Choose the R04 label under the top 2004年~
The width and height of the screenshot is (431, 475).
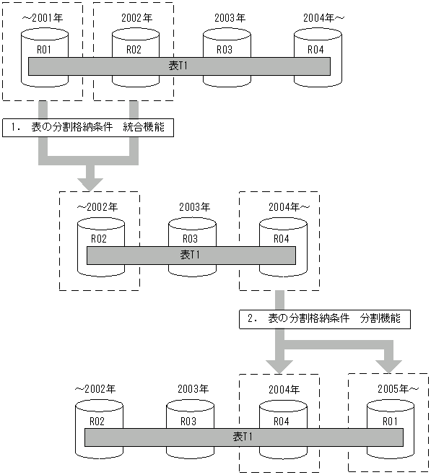(315, 50)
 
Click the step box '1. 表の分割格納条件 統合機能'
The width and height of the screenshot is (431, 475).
(89, 127)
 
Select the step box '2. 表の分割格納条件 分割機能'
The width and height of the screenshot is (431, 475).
(324, 318)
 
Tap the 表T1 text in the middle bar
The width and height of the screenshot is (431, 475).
(191, 255)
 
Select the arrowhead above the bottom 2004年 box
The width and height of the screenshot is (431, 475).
(279, 361)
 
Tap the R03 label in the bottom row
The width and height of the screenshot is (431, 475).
(188, 421)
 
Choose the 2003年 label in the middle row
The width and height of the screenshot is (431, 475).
(194, 206)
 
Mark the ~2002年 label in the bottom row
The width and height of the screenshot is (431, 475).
(96, 389)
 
